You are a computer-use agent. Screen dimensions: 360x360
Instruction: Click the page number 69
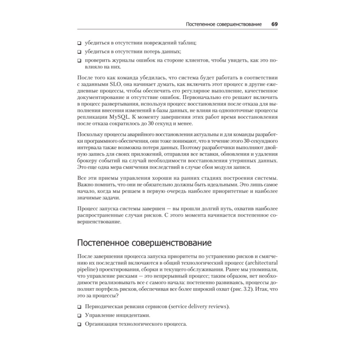pos(274,24)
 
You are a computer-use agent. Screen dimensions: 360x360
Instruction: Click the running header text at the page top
pos(224,24)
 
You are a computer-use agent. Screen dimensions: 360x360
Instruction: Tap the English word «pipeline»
pos(86,269)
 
